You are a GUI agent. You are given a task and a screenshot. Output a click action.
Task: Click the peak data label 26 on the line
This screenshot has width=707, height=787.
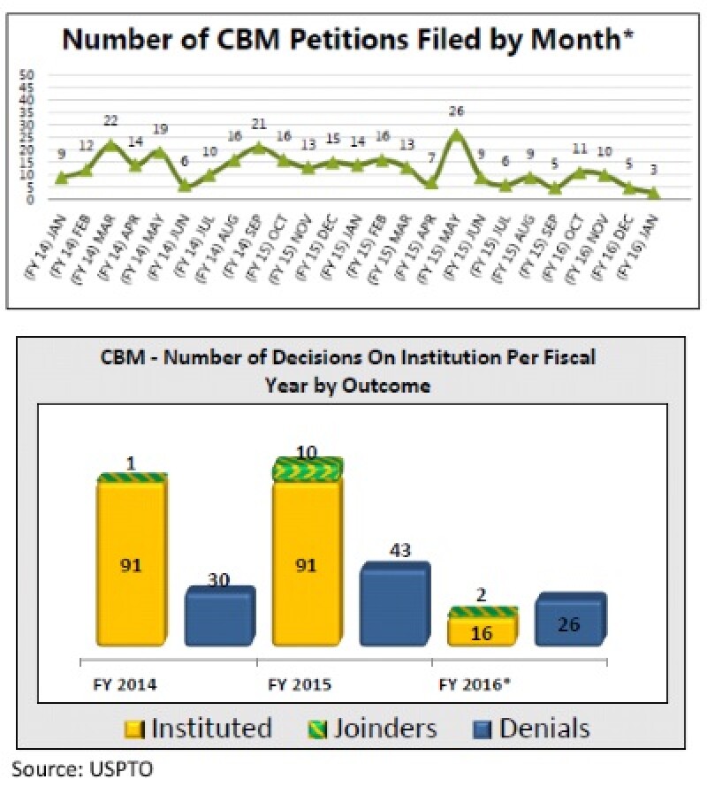(x=455, y=111)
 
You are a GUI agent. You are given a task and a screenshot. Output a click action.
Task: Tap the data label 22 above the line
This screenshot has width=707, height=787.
(x=110, y=120)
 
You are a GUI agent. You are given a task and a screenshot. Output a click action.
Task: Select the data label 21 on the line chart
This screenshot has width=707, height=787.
(x=258, y=124)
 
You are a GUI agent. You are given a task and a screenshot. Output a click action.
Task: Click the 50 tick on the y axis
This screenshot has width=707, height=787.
(x=27, y=75)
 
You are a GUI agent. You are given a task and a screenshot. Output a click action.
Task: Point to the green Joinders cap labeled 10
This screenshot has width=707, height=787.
(x=306, y=469)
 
